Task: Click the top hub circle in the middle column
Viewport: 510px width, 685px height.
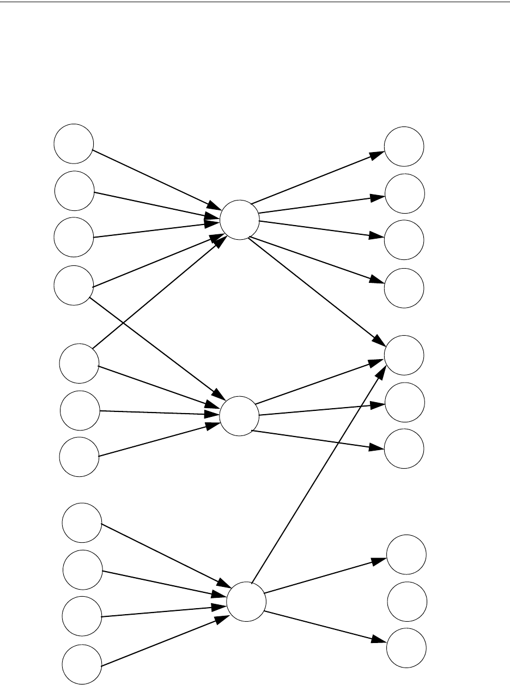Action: pyautogui.click(x=239, y=220)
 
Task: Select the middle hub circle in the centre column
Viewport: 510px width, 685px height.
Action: pyautogui.click(x=239, y=416)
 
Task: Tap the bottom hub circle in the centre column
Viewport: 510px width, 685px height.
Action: pyautogui.click(x=246, y=601)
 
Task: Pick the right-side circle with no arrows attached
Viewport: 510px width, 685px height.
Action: pyautogui.click(x=406, y=601)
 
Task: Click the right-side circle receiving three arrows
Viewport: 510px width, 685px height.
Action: pyautogui.click(x=404, y=355)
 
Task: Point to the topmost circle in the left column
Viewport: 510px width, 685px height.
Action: pyautogui.click(x=73, y=144)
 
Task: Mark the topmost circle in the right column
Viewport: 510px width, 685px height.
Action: pyautogui.click(x=404, y=146)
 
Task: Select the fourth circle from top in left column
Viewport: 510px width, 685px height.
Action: pyautogui.click(x=74, y=285)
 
